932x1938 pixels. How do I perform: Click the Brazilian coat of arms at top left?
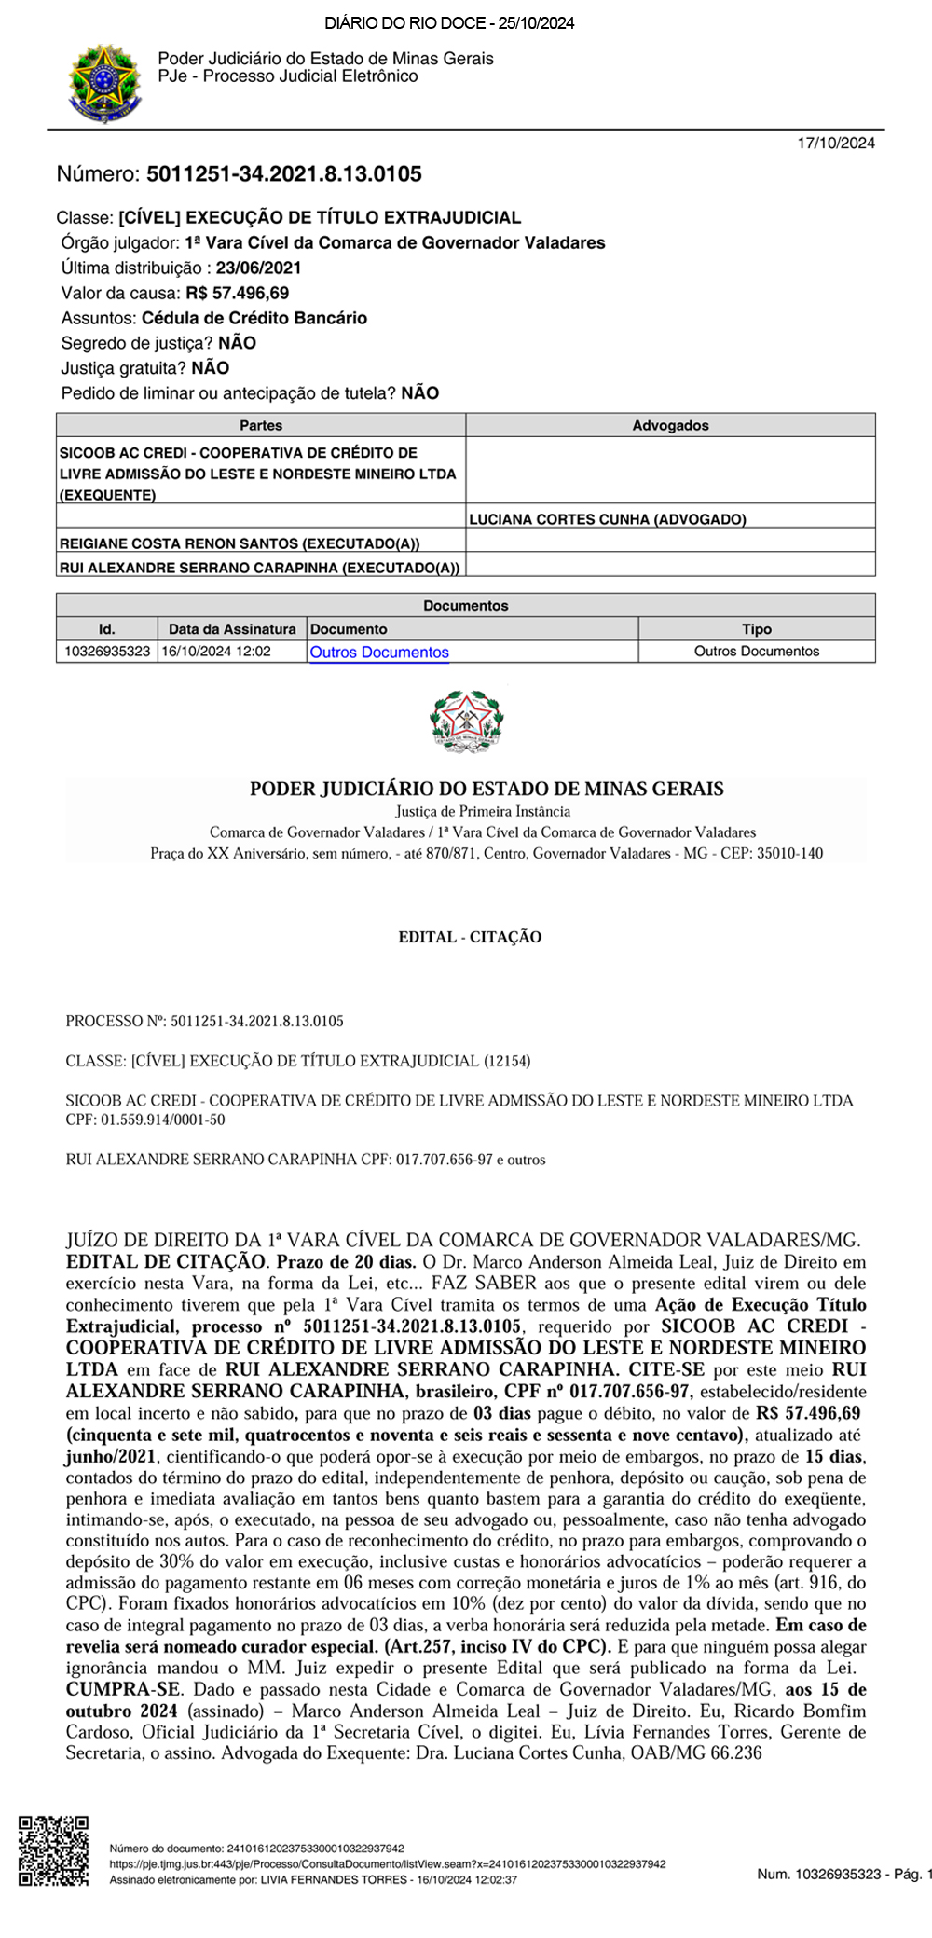click(104, 82)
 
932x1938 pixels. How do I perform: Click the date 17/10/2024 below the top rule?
click(836, 144)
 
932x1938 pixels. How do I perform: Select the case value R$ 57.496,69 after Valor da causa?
click(237, 293)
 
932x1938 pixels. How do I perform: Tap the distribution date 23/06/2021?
click(258, 268)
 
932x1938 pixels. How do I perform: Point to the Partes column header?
click(261, 425)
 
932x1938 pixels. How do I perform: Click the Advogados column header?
click(670, 425)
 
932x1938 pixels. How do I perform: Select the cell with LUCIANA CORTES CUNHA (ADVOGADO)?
click(608, 519)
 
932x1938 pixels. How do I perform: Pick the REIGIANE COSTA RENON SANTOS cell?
click(240, 543)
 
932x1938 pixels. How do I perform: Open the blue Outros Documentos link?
click(379, 653)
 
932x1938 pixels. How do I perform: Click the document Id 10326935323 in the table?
click(107, 652)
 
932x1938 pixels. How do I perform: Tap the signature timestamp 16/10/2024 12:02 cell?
click(216, 652)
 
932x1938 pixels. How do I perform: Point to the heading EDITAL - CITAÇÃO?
click(470, 937)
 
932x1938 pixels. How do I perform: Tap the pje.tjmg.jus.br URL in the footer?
click(388, 1864)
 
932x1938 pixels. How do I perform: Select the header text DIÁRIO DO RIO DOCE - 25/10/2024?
click(449, 23)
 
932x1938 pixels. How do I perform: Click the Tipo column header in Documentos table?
click(756, 629)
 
